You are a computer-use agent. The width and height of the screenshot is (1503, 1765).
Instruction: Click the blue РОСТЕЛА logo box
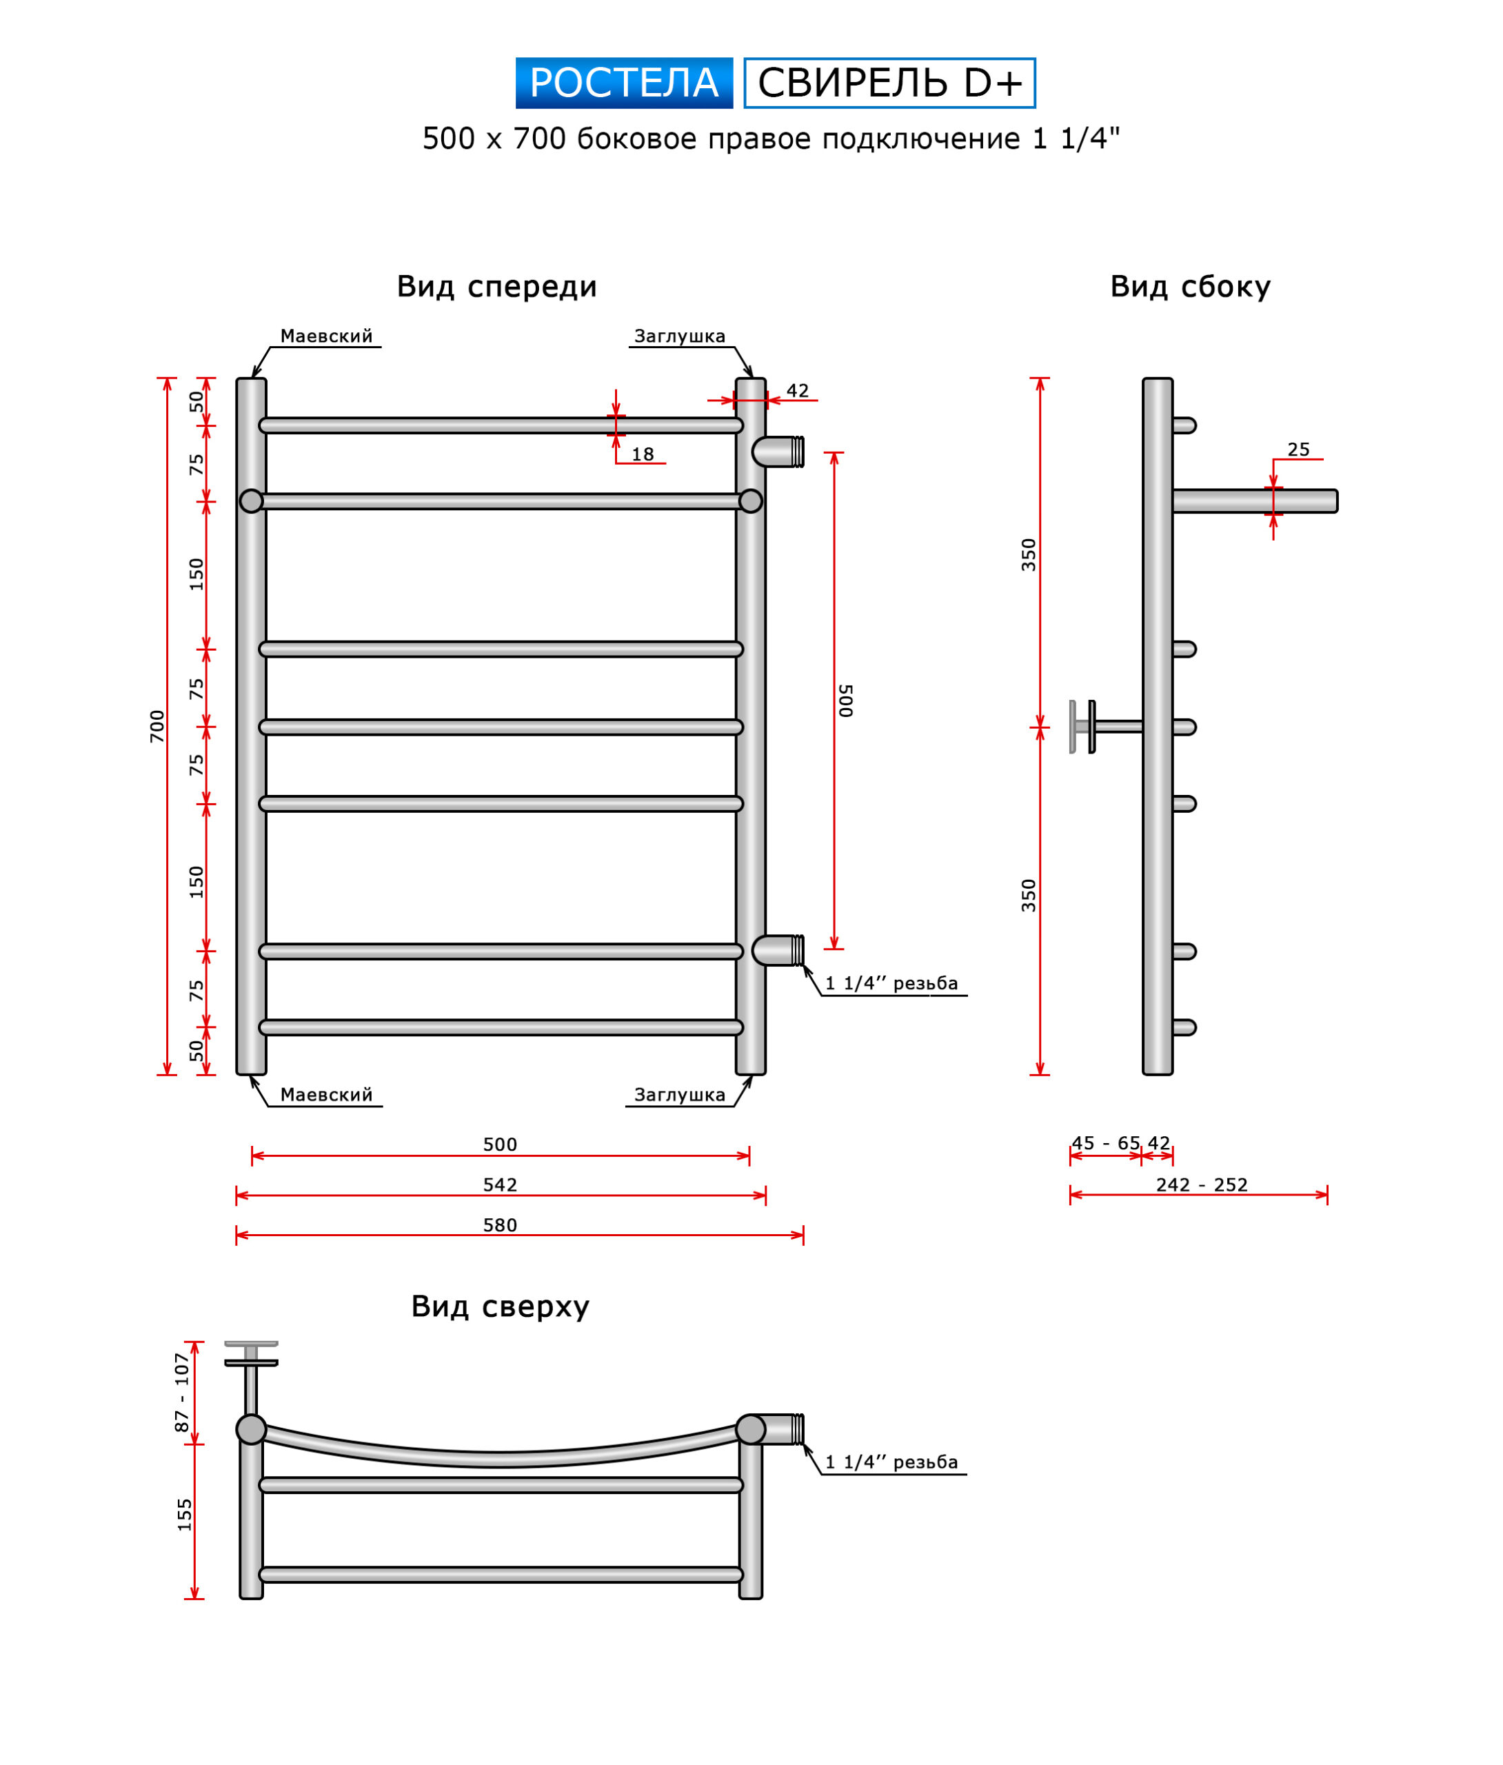(624, 83)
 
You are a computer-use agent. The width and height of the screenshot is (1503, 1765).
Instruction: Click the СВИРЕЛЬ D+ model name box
(889, 83)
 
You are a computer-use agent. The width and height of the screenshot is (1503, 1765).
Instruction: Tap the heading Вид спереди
(496, 286)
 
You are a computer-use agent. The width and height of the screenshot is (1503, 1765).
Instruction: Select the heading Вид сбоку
(1189, 286)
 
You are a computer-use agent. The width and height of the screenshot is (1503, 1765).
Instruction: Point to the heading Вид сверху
(500, 1306)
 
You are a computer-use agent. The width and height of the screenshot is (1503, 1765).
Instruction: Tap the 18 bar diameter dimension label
(643, 455)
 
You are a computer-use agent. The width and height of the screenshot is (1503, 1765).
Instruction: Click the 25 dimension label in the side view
(1298, 450)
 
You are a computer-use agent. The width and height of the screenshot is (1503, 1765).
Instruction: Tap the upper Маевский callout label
(326, 336)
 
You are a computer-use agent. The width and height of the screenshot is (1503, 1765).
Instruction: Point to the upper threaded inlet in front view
(778, 452)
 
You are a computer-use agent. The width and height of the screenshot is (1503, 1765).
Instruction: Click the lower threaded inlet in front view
(778, 950)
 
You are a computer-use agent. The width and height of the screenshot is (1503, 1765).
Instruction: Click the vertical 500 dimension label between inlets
(845, 700)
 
